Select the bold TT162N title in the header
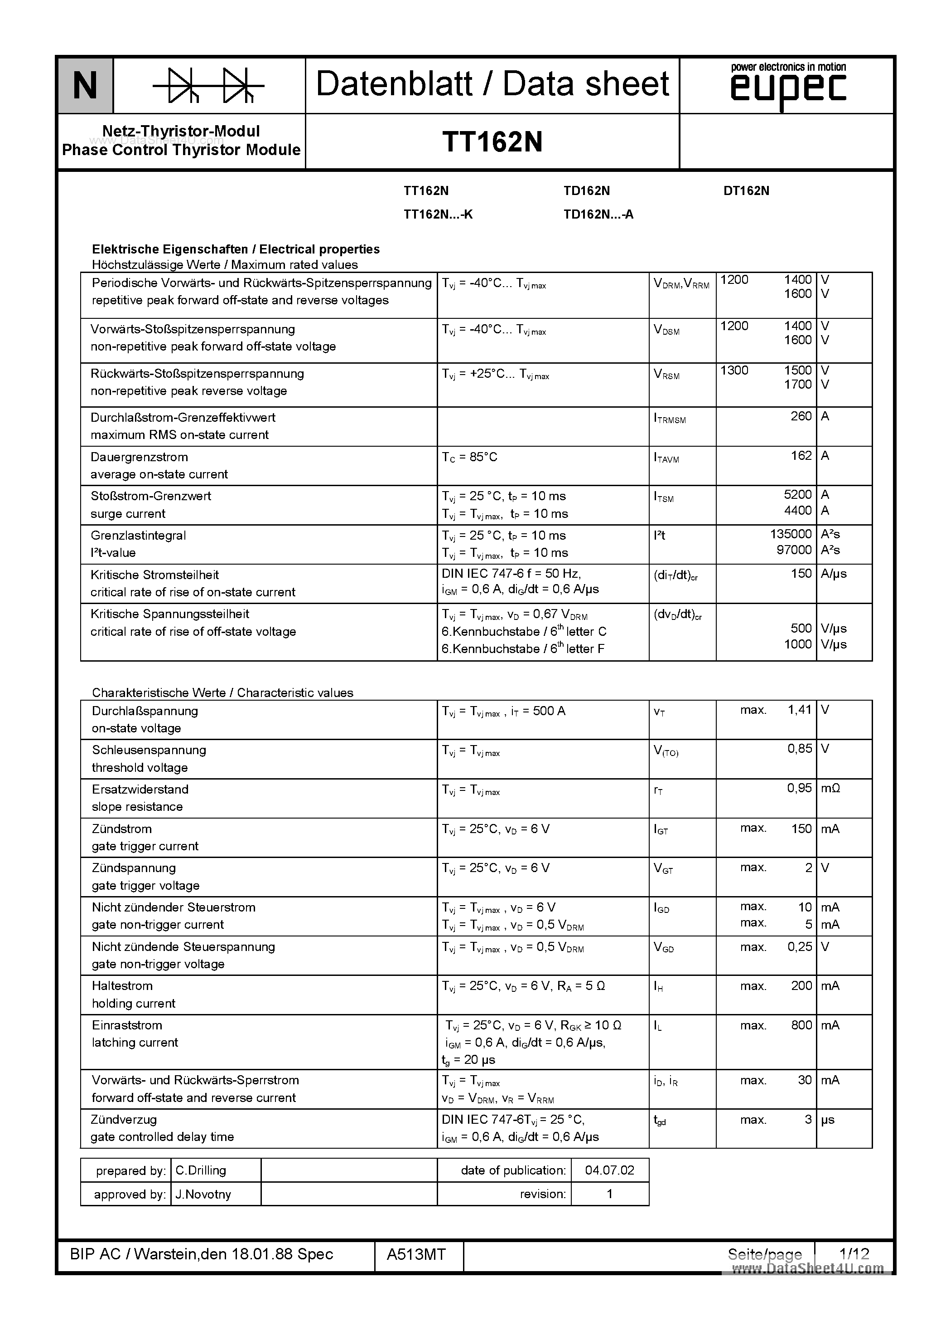tap(492, 141)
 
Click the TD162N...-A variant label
tap(598, 214)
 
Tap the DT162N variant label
tap(746, 190)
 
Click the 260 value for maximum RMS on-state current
tap(801, 416)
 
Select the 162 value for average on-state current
tap(801, 456)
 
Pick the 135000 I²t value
tap(791, 534)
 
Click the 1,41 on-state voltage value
tap(799, 710)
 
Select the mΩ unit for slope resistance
tap(830, 788)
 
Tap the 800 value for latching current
tap(801, 1025)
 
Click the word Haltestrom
tap(122, 986)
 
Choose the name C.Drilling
tap(200, 1170)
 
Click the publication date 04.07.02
tap(609, 1170)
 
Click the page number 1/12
tap(854, 1253)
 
